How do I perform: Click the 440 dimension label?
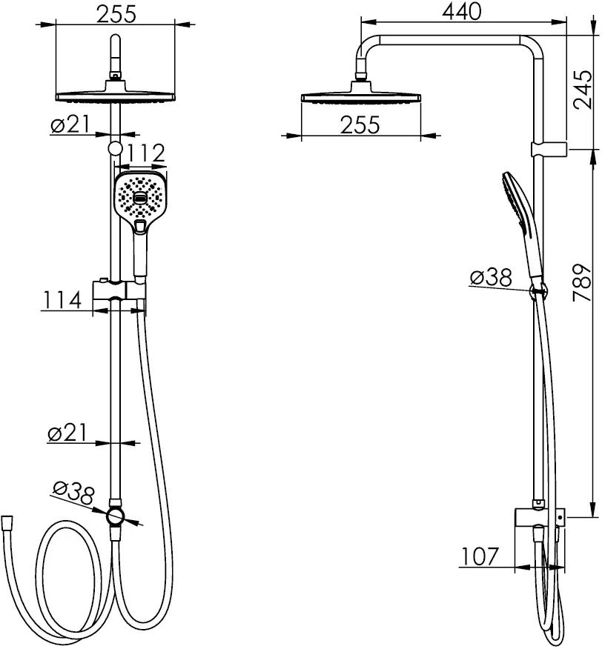[x=462, y=12]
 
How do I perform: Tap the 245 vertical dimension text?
[x=582, y=90]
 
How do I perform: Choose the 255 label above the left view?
[x=116, y=15]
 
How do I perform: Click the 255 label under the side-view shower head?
[x=360, y=124]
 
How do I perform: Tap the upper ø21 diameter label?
[x=70, y=124]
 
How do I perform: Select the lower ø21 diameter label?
[x=67, y=433]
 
